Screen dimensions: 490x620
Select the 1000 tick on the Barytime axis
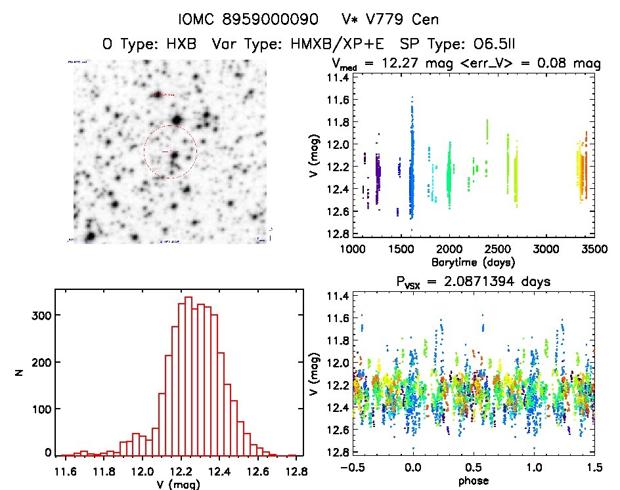353,250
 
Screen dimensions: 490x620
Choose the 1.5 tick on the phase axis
593,469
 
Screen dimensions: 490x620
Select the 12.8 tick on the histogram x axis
296,470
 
